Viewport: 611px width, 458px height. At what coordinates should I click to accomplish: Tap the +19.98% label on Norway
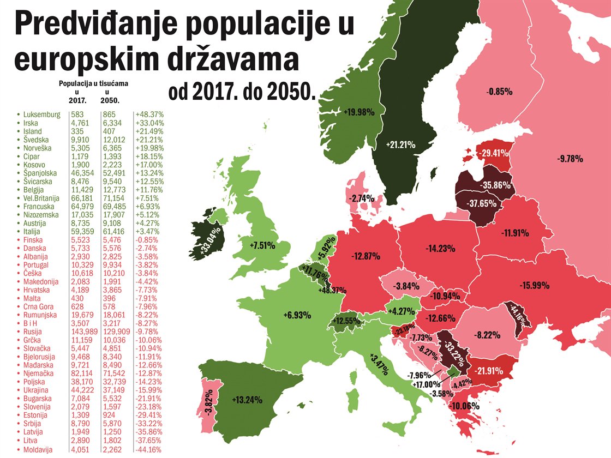[x=358, y=112]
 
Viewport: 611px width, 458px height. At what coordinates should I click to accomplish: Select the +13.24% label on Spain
[x=247, y=400]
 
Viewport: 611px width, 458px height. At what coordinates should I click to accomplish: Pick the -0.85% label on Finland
[x=499, y=92]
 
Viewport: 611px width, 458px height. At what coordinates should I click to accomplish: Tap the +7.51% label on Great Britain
[x=261, y=245]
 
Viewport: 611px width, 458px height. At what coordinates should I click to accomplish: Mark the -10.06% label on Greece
[x=463, y=406]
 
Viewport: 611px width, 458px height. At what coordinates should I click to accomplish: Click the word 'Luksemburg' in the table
[x=42, y=115]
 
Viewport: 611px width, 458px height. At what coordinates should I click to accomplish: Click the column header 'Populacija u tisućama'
[x=97, y=85]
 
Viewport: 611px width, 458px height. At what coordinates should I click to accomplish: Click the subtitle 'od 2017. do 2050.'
[x=242, y=93]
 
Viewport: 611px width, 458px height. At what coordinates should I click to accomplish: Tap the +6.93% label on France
[x=297, y=315]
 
